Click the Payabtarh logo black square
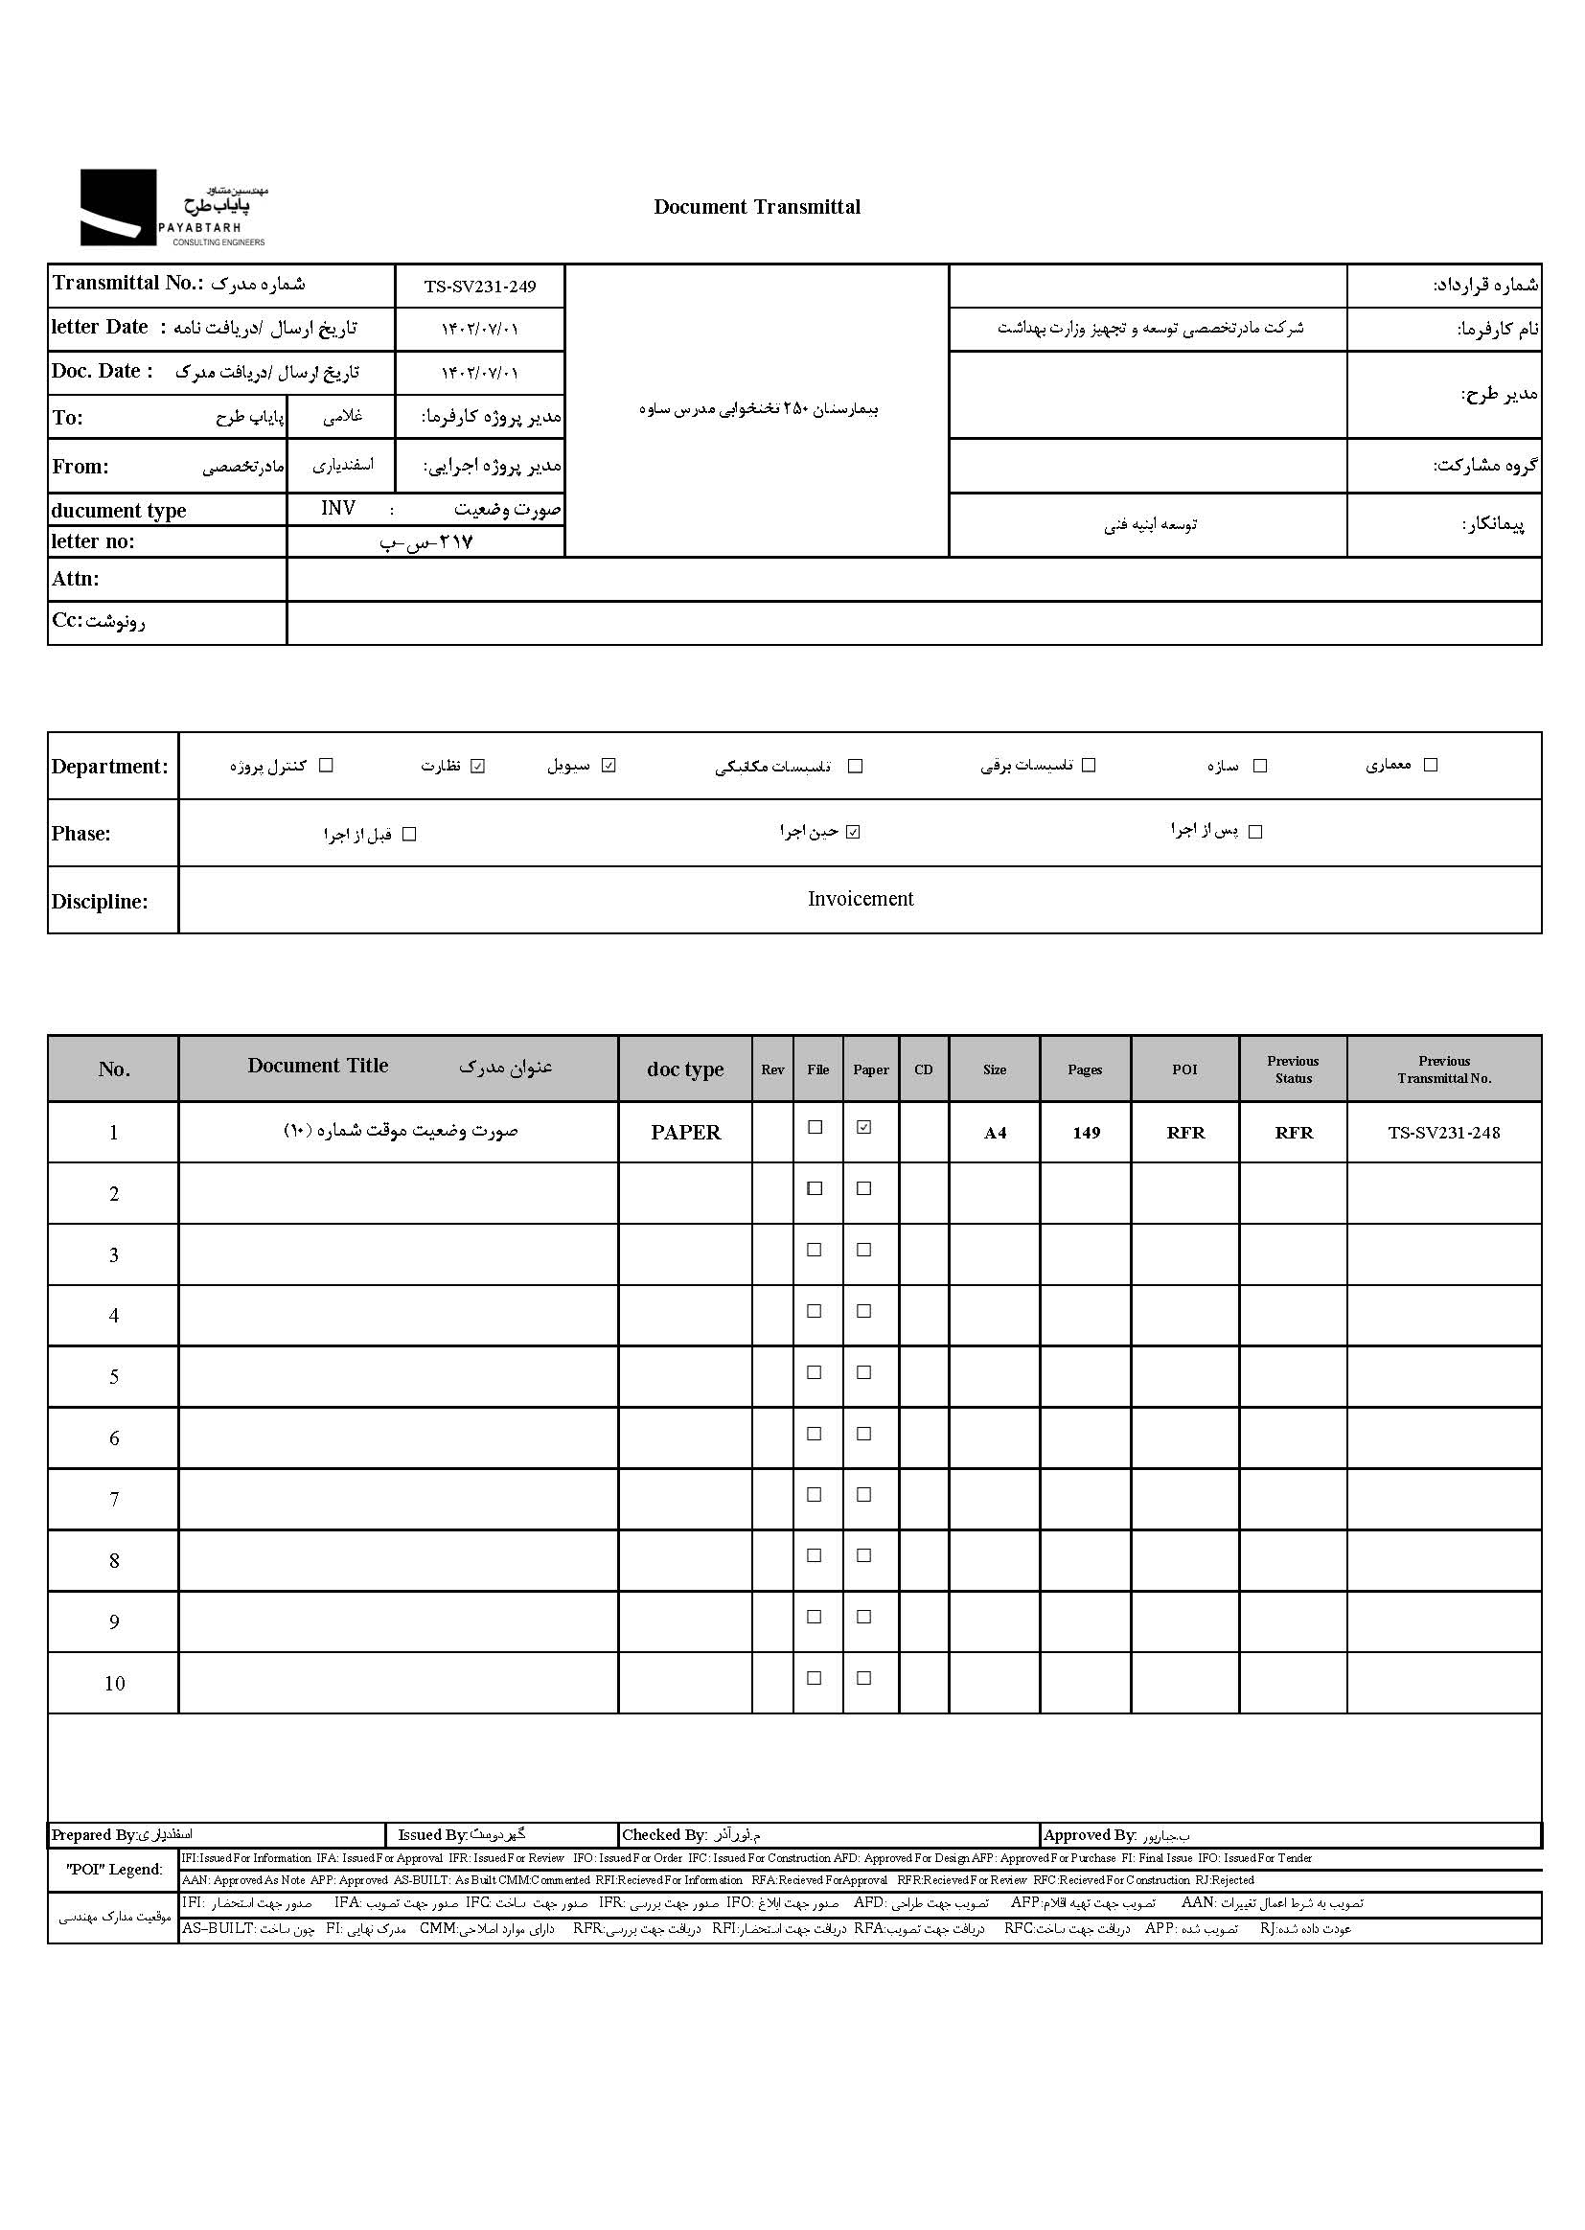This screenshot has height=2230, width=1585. coord(118,207)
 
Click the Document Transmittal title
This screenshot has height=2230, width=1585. coord(756,207)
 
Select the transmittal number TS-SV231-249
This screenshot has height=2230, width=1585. coord(479,287)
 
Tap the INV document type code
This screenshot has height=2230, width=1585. coord(337,509)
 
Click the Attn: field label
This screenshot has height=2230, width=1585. coord(76,579)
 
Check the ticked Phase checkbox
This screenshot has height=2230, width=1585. coord(853,833)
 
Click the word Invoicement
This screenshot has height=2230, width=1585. coord(860,899)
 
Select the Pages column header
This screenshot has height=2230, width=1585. coord(1085,1069)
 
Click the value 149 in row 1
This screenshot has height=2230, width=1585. coord(1086,1133)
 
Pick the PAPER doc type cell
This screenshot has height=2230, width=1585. coord(685,1133)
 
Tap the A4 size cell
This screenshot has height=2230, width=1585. coord(995,1133)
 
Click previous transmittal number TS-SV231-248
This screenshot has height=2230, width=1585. coord(1443,1133)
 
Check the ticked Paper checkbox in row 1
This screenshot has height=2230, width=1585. coord(863,1127)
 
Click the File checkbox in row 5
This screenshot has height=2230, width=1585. coord(814,1372)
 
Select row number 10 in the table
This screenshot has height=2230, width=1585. coord(114,1683)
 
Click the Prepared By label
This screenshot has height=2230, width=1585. coord(94,1835)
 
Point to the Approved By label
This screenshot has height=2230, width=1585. coord(1090,1835)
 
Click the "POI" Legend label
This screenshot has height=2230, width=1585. coord(114,1869)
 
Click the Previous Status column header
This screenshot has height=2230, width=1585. coord(1292,1069)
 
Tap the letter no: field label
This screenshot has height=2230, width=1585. coord(94,541)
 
